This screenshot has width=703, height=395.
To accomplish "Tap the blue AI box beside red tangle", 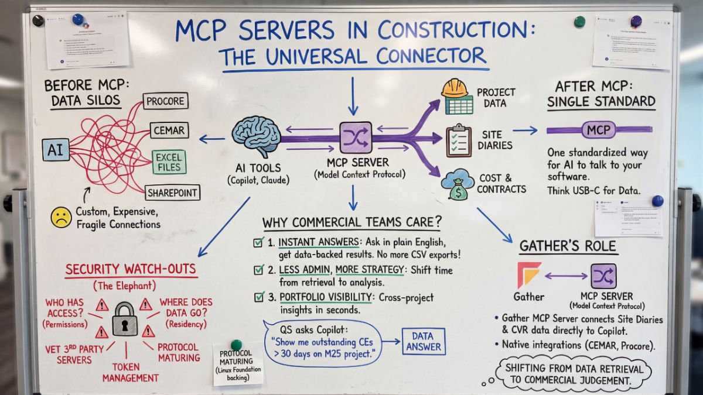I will pos(56,150).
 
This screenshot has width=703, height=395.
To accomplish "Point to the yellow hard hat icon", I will pos(455,88).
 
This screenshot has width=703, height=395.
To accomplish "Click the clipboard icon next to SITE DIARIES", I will pos(458,140).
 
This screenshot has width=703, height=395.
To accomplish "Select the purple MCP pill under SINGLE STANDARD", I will pos(599,129).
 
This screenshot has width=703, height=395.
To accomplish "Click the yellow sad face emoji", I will pos(60,217).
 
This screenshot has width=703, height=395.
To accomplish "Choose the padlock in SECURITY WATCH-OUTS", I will pos(125,320).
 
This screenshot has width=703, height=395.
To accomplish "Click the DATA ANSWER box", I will pos(423,341).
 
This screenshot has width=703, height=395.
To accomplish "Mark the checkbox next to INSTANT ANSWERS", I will pos(258,242).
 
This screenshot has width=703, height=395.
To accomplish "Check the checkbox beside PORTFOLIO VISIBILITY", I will pos(259,297).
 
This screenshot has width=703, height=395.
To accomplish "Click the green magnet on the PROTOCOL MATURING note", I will pos(236,345).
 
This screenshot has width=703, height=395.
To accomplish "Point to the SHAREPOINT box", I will pos(172,193).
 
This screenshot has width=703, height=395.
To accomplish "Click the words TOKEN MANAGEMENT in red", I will pos(128,372).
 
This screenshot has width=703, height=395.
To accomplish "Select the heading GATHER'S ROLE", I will pos(568,246).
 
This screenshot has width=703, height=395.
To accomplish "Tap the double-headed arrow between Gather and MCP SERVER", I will pos(566,276).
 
